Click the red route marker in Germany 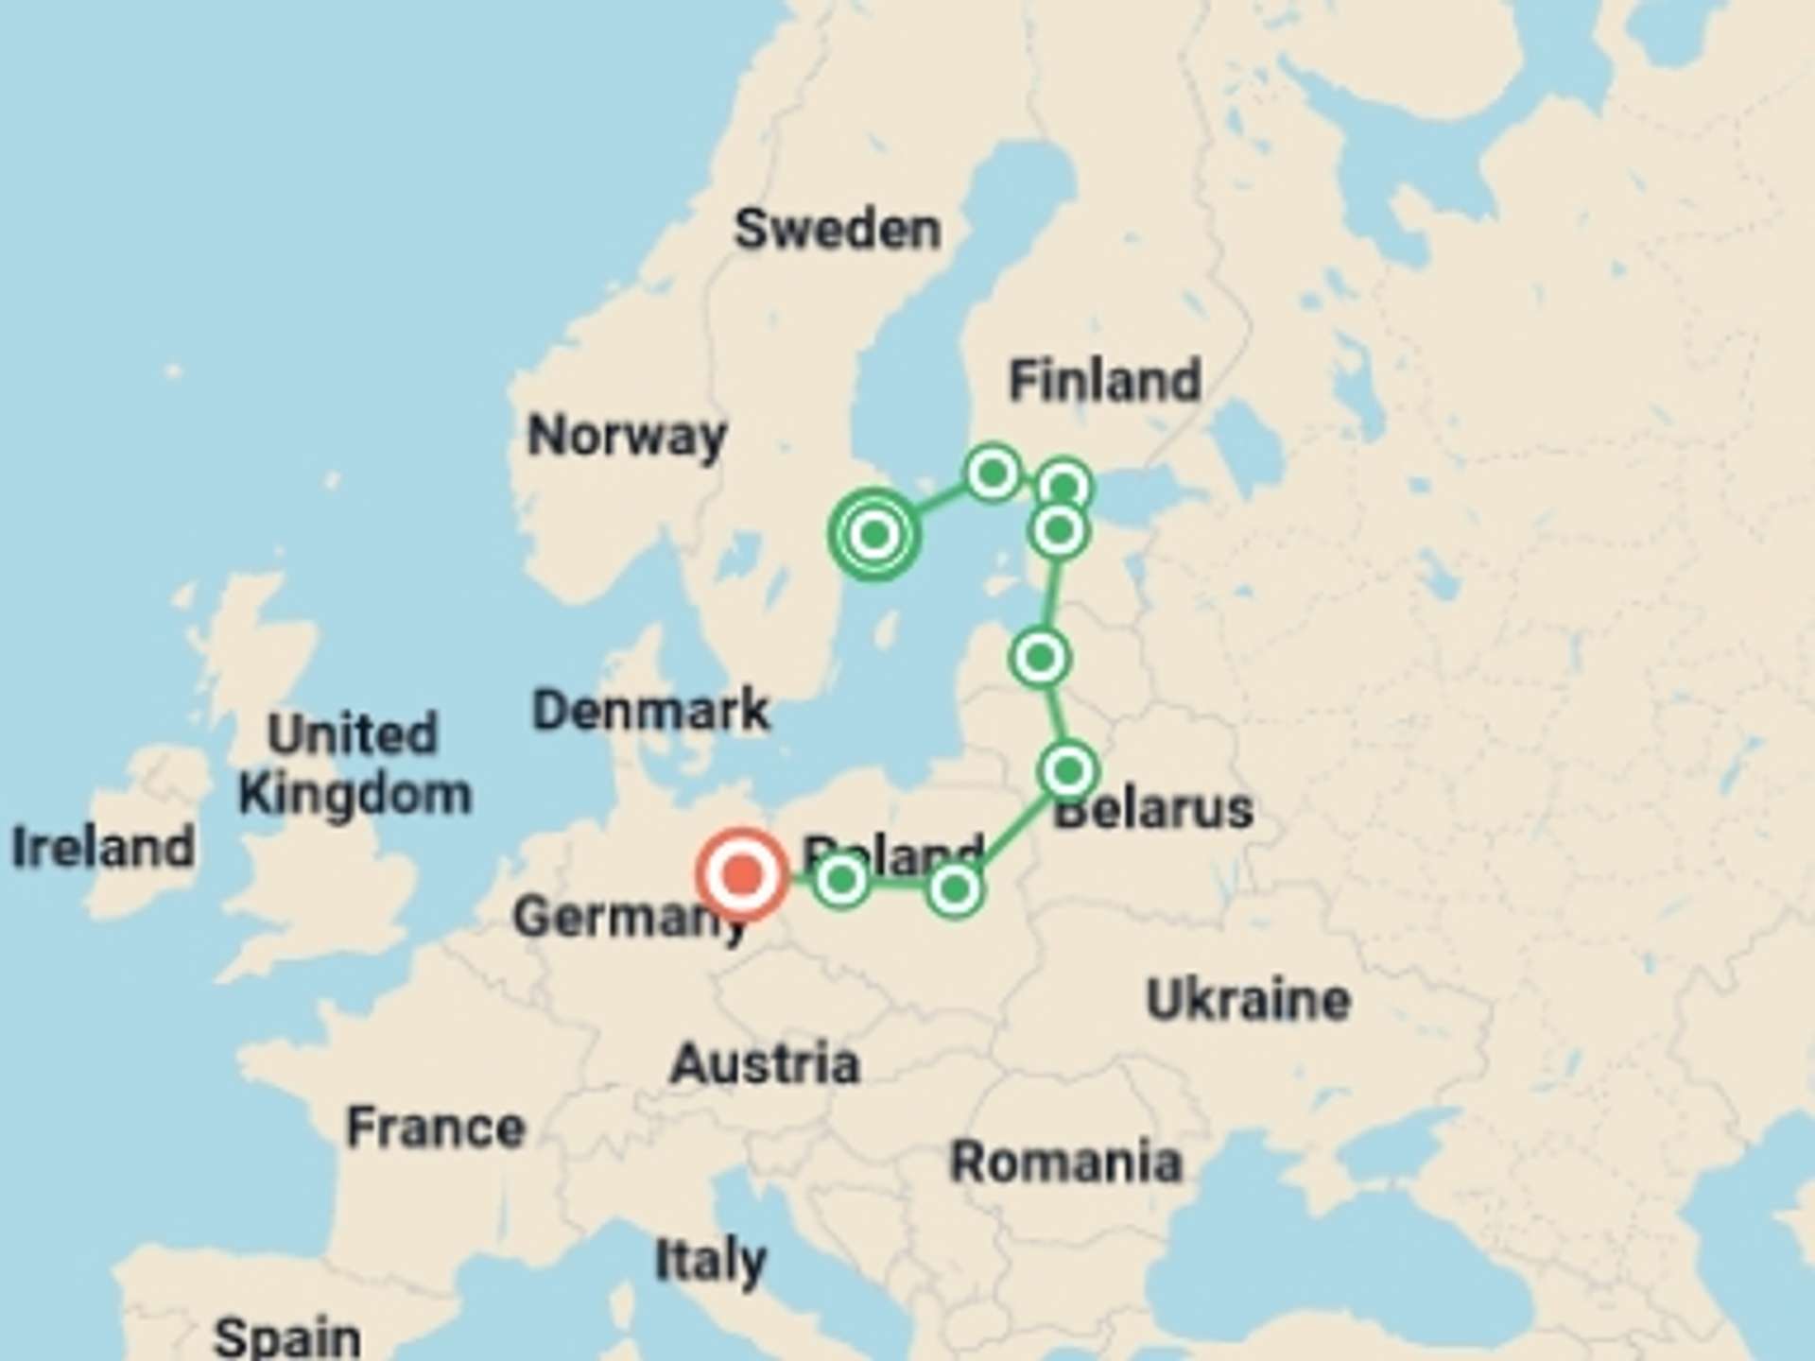click(x=743, y=874)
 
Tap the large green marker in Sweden click(x=874, y=534)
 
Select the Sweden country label click(x=838, y=229)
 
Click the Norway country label click(x=627, y=437)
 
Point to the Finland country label click(x=1105, y=380)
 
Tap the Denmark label click(x=650, y=711)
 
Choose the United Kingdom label click(x=354, y=764)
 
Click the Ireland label click(x=103, y=847)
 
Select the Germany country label click(x=629, y=917)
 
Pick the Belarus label click(x=1153, y=810)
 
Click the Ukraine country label click(x=1248, y=1000)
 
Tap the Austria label click(x=765, y=1064)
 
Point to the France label click(x=436, y=1128)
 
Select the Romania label click(x=1065, y=1162)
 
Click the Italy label click(x=711, y=1261)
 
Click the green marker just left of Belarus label click(x=1068, y=771)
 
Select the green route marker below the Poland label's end click(x=955, y=888)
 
